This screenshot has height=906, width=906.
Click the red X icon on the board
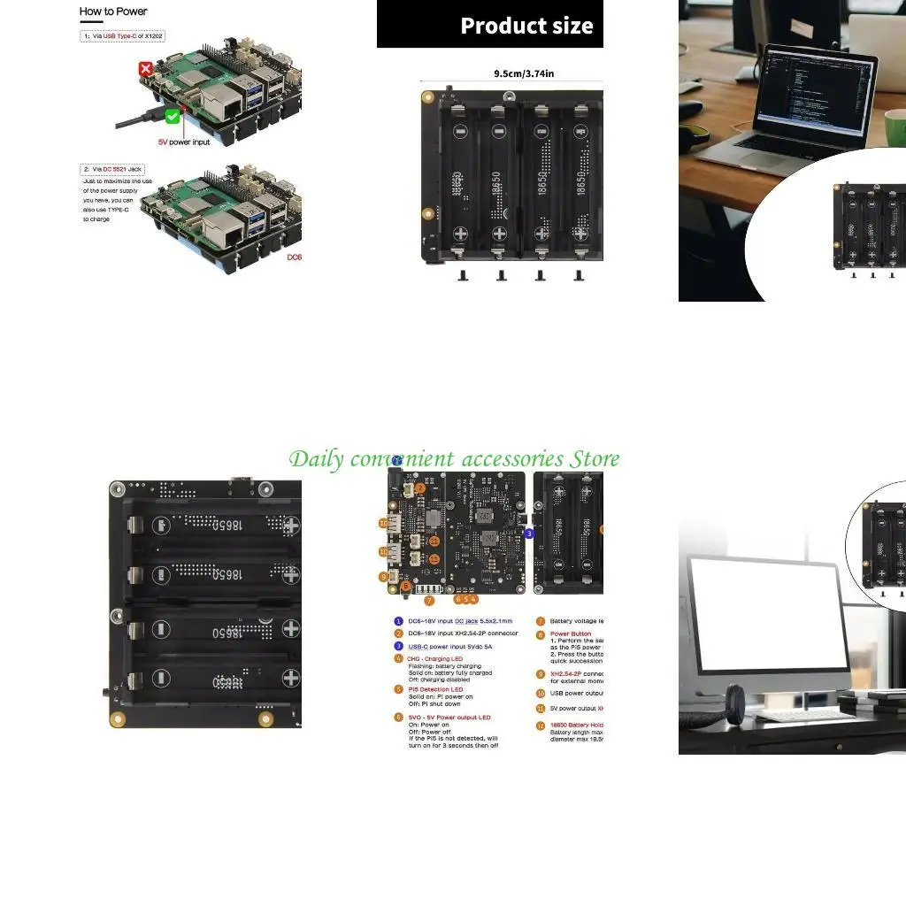(x=145, y=68)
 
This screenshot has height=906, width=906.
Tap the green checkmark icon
(x=173, y=116)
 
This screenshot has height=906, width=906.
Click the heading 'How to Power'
(x=113, y=12)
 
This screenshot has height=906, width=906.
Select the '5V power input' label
(x=184, y=142)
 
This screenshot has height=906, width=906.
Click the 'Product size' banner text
(x=526, y=26)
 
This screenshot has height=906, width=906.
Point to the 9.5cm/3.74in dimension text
(x=524, y=73)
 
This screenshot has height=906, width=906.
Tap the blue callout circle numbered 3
(x=529, y=534)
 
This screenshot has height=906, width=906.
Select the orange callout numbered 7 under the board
(x=429, y=601)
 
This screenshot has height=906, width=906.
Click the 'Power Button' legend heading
(x=571, y=634)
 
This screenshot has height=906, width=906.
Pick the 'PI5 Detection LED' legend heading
(x=435, y=689)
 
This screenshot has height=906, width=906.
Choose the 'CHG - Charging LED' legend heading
(x=435, y=659)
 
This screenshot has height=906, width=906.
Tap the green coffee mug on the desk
(x=894, y=126)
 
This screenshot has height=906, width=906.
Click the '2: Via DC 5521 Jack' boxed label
(x=111, y=168)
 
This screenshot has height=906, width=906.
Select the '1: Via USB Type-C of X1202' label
(x=123, y=36)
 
